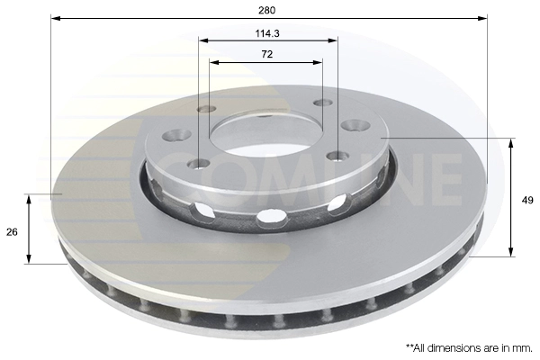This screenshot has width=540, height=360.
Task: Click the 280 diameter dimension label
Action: [x=267, y=10]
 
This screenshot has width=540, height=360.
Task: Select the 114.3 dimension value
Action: [x=267, y=33]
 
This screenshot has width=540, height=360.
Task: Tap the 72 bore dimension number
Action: [x=267, y=54]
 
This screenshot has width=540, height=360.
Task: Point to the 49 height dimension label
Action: [x=527, y=200]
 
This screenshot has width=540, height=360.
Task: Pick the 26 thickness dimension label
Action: [x=12, y=232]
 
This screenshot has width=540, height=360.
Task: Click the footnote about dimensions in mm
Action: [x=470, y=348]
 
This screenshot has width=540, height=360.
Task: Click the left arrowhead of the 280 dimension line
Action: [x=56, y=18]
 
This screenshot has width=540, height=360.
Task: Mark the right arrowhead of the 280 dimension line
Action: [x=482, y=18]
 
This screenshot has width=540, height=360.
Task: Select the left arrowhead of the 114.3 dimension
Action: [x=203, y=40]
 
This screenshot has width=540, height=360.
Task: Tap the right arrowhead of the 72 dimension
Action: [x=318, y=62]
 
